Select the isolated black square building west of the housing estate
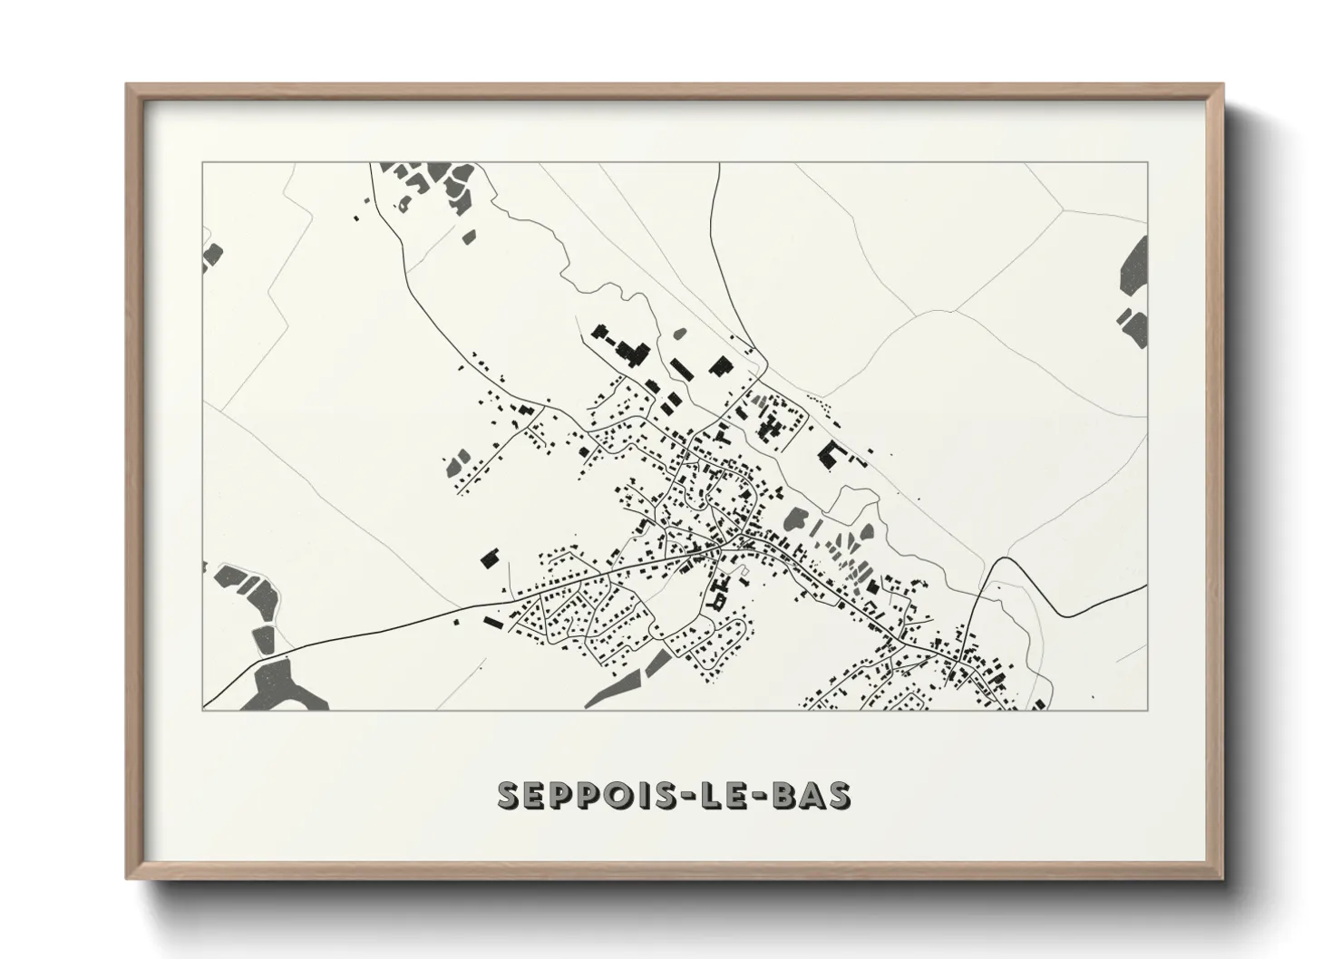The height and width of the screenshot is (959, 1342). click(491, 557)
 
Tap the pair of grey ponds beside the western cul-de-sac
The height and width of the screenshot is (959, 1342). click(460, 461)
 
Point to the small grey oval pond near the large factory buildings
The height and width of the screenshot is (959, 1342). click(676, 333)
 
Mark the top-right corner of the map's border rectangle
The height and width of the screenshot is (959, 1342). click(1147, 162)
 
